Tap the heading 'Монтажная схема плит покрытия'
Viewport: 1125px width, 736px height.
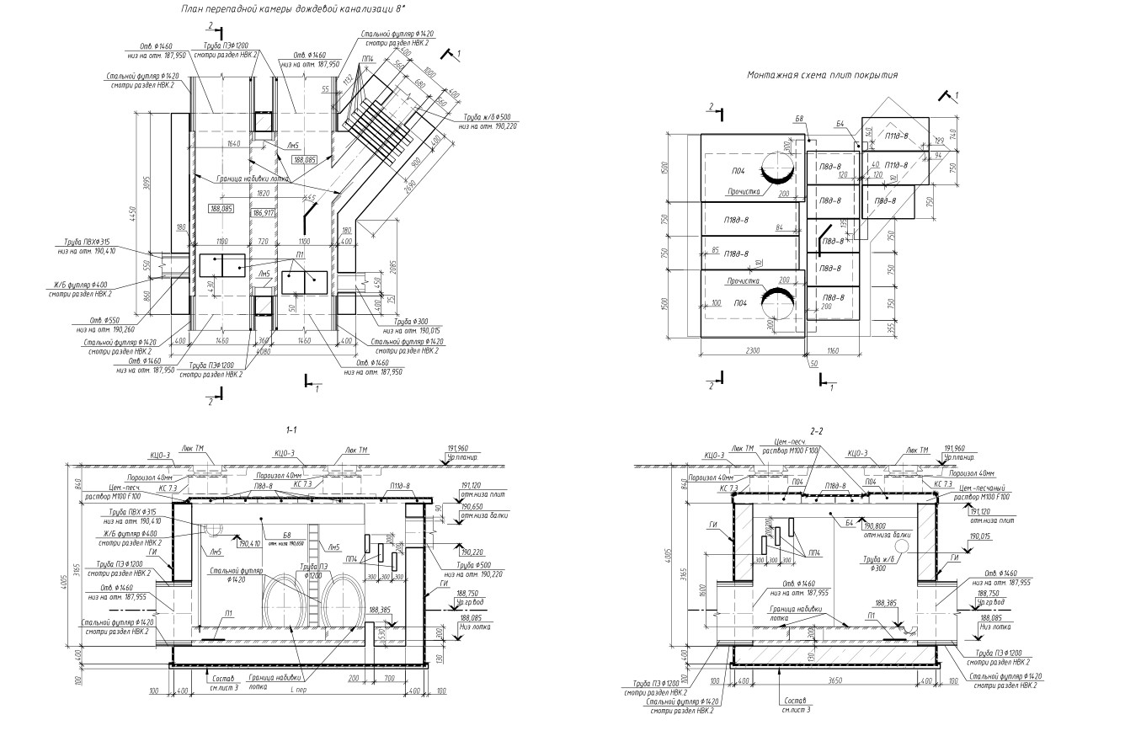(x=822, y=75)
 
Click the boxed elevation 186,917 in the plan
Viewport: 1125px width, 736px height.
(x=264, y=213)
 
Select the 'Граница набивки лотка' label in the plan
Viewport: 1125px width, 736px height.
(x=253, y=179)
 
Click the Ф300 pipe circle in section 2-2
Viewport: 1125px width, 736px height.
(x=902, y=546)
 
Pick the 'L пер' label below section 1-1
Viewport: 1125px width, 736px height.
(x=296, y=691)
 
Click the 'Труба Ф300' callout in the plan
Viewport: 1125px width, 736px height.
(x=412, y=322)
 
